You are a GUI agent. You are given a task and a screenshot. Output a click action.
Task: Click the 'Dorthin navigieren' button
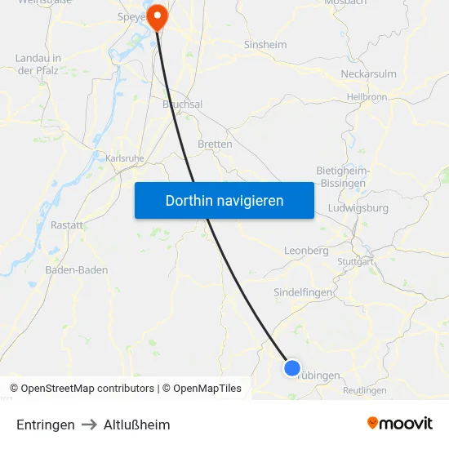(x=224, y=200)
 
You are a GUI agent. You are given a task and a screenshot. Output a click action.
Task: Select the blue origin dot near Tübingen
(x=291, y=368)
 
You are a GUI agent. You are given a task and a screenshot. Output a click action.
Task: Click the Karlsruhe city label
(x=125, y=158)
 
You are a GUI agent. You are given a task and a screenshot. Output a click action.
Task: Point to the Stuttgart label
(x=355, y=262)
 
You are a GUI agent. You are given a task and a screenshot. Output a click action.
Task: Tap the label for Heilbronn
(x=367, y=96)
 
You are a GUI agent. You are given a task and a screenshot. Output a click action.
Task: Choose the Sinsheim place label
(x=266, y=45)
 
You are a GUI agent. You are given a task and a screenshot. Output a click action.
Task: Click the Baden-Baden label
(x=77, y=270)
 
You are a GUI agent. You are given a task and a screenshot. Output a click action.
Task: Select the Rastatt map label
(x=67, y=224)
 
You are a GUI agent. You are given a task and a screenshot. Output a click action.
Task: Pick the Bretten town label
(x=215, y=144)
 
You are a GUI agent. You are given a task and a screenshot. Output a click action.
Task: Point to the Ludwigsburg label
(x=358, y=207)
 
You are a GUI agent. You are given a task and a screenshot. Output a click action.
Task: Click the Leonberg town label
(x=306, y=251)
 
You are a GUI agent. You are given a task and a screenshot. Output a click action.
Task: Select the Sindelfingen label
(x=303, y=291)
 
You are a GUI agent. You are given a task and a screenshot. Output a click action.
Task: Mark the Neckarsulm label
(x=368, y=73)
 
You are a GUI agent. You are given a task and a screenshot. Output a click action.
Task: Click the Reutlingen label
(x=365, y=390)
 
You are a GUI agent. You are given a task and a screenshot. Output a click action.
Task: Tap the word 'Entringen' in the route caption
(x=46, y=425)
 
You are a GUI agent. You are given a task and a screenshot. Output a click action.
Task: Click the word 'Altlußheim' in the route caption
(x=137, y=425)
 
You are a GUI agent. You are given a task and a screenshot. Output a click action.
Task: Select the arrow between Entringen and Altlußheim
(x=89, y=425)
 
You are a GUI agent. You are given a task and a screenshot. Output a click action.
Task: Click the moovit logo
(x=400, y=423)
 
